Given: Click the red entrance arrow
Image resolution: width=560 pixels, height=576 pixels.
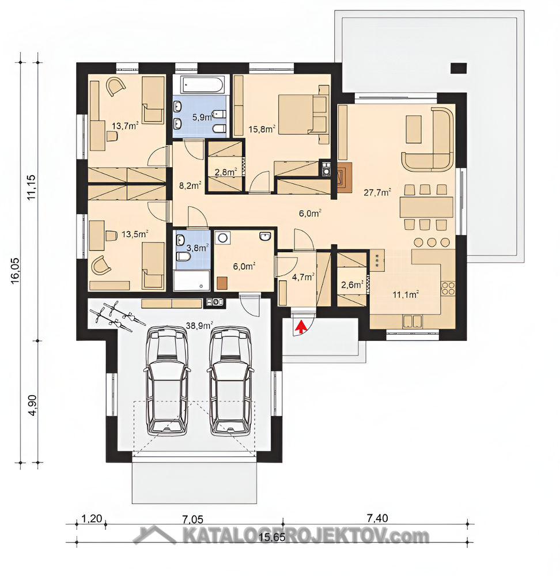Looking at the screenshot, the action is click(301, 326).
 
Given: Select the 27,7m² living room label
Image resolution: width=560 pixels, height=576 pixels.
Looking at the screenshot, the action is click(377, 192).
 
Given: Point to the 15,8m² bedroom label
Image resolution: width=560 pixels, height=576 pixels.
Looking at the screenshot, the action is click(262, 129).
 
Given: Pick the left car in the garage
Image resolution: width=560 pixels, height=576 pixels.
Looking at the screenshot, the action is click(167, 381).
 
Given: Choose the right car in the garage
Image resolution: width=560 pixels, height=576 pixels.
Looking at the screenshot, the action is click(231, 381).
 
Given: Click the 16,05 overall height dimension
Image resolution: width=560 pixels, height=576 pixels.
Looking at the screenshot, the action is click(16, 270).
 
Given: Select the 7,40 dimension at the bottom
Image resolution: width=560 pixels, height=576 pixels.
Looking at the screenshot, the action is click(377, 518).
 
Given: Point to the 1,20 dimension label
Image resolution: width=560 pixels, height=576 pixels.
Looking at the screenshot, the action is click(91, 519).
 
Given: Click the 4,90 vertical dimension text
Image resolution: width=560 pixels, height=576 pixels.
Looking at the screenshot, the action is click(32, 405).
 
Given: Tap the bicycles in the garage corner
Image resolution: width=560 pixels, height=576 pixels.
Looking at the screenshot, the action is click(116, 316).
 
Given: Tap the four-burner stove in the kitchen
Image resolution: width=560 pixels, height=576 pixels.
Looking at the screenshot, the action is click(448, 289).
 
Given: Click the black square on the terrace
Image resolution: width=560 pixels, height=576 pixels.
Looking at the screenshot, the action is click(459, 69).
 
